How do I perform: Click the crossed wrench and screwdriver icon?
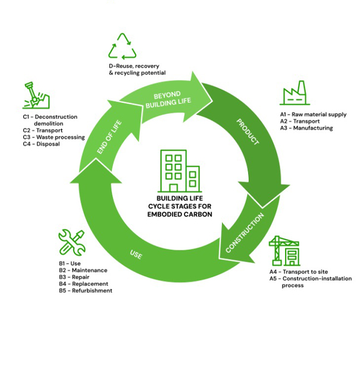[x=72, y=242]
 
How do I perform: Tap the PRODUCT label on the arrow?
[x=248, y=132]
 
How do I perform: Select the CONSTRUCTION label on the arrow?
[x=245, y=234]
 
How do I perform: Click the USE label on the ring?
[x=136, y=254]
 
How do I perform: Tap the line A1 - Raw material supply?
[x=313, y=114]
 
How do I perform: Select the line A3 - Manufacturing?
[x=306, y=128]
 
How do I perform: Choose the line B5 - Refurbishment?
[x=85, y=291]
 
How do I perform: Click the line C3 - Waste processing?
[x=54, y=137]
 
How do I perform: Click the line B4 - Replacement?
[x=83, y=284]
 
